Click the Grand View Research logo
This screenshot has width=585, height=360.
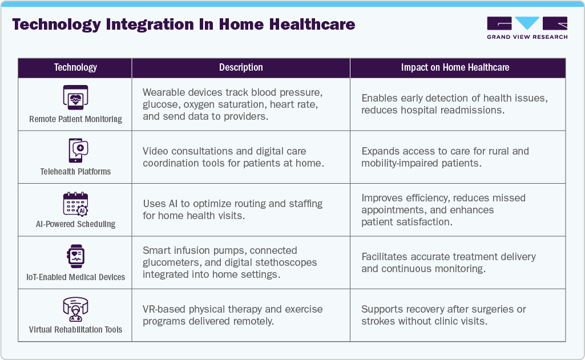click(527, 28)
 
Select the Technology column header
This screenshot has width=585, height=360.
click(75, 67)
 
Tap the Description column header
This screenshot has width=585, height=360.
click(241, 67)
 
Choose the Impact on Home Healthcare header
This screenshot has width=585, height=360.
click(455, 67)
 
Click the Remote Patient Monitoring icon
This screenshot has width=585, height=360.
click(75, 98)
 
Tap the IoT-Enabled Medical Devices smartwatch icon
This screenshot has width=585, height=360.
click(75, 256)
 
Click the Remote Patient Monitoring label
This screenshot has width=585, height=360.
click(75, 119)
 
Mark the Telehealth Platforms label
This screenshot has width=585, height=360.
click(75, 171)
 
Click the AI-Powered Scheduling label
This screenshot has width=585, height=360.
click(75, 224)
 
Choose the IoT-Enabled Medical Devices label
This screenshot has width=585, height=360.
click(75, 277)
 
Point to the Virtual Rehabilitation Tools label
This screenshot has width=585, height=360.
click(75, 330)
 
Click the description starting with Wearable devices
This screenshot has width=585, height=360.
click(233, 104)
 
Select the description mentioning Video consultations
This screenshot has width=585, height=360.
click(233, 157)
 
